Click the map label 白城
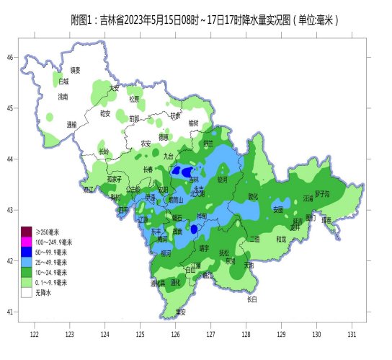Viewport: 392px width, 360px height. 64,82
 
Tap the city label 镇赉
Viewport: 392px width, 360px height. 75,70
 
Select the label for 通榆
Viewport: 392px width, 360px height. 71,124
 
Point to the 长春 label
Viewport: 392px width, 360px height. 148,170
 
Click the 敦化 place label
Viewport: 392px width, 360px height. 253,196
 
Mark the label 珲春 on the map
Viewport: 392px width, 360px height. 327,219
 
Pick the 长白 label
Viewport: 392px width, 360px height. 251,299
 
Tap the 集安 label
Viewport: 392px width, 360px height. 181,312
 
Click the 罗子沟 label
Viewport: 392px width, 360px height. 321,194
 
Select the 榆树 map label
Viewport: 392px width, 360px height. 192,123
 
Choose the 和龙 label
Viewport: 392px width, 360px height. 281,238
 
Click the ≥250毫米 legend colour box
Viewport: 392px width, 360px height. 27,232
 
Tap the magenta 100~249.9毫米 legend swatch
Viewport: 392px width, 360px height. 27,242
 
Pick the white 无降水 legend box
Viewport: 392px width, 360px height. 27,293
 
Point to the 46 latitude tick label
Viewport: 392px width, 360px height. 11,57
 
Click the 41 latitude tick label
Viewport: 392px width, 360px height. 11,312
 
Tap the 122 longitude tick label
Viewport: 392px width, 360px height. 34,335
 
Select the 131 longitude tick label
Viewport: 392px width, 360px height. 352,335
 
